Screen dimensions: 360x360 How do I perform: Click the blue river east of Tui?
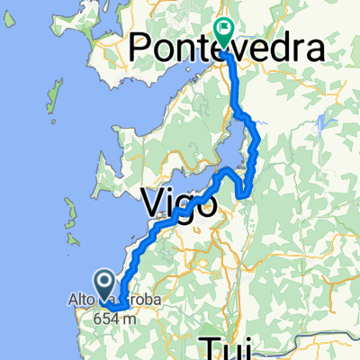[310, 343]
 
